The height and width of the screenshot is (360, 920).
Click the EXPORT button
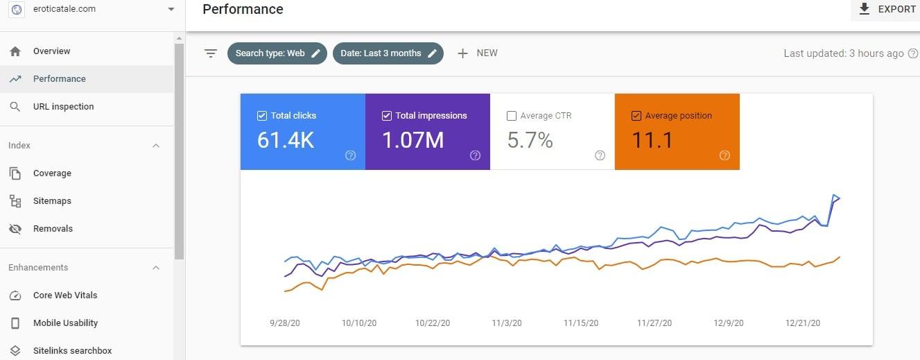[x=887, y=9]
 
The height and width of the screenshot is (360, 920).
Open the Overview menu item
[x=51, y=51]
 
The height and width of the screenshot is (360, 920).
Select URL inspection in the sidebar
[x=63, y=107]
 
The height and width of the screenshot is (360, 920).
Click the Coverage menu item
[x=52, y=173]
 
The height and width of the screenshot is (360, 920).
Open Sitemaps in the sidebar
[x=52, y=201]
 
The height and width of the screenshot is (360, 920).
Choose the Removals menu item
[x=53, y=229]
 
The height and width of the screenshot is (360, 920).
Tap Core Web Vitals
[x=65, y=295]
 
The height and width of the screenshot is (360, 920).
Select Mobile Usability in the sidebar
[x=65, y=323]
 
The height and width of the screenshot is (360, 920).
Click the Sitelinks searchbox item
[x=72, y=351]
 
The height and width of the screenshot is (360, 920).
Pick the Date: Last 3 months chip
[x=388, y=53]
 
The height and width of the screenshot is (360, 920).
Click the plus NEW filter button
[x=478, y=53]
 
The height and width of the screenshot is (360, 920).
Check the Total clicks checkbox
[x=262, y=116]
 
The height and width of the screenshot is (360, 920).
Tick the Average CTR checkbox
[x=512, y=116]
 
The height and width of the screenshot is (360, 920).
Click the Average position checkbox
[x=636, y=116]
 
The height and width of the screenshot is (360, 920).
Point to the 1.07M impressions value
[x=413, y=140]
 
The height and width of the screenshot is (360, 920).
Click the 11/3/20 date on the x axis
[x=507, y=323]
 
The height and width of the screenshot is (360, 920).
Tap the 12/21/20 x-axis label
[x=803, y=323]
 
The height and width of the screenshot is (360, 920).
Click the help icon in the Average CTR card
[x=600, y=155]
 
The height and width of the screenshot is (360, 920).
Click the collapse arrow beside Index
[x=156, y=146]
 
